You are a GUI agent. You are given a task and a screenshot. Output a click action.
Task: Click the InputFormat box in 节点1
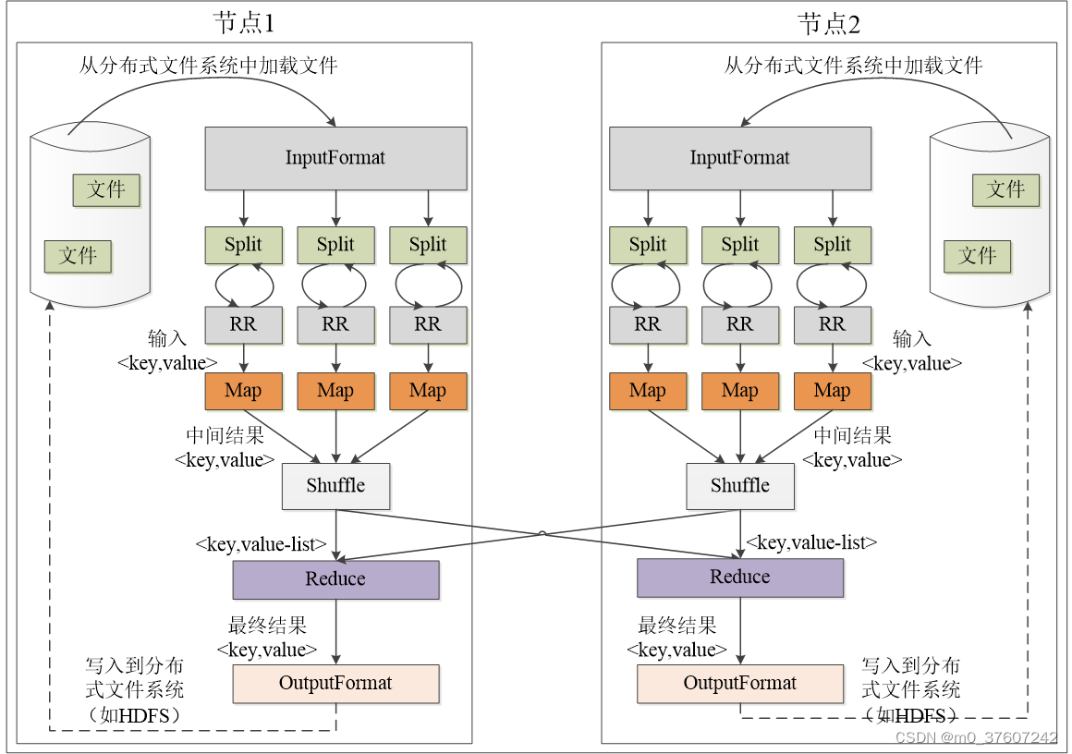335,158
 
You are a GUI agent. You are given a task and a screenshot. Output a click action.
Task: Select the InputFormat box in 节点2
739,158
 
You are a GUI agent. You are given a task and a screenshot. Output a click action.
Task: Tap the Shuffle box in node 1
335,486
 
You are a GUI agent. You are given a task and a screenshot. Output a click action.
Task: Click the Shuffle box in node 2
739,486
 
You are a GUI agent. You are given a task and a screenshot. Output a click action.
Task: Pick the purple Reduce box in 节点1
335,579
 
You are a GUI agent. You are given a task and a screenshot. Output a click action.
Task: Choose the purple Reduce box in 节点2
739,578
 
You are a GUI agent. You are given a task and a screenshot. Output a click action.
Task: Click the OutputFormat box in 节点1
335,684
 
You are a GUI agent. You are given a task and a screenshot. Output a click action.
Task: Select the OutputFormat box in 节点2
739,684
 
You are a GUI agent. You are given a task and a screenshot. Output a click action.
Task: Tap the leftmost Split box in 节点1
243,245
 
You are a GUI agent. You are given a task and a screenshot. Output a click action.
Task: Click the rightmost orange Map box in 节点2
832,391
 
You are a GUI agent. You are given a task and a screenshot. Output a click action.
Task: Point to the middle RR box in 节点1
335,324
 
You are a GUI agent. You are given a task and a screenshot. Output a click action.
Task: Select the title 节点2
829,23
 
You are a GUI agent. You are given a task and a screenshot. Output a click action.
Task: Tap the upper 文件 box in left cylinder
106,190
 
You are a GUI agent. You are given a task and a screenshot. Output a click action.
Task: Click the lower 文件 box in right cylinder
977,256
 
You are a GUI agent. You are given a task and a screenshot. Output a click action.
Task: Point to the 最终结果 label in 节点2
676,626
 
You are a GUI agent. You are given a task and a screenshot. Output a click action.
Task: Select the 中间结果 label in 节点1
225,435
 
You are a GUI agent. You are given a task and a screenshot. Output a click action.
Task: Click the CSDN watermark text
976,737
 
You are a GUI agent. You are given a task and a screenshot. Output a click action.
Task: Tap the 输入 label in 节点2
911,339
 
